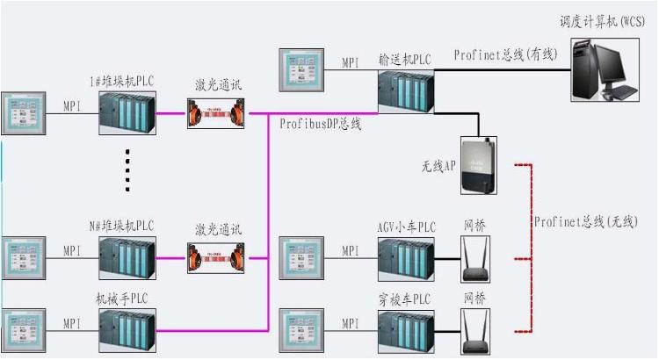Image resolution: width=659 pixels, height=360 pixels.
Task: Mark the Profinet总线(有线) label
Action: [505, 54]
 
